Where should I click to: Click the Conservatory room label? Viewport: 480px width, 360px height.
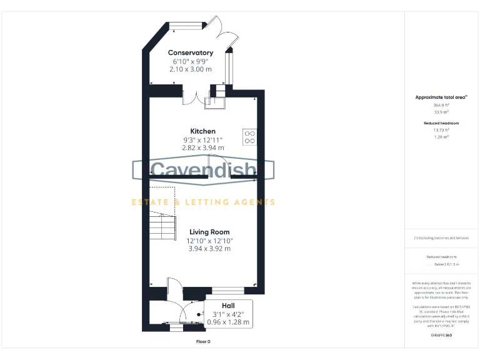(191, 53)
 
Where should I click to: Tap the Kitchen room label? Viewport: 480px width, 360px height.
(203, 131)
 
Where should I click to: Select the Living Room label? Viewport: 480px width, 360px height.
(209, 232)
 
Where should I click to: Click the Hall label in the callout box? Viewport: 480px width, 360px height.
(227, 305)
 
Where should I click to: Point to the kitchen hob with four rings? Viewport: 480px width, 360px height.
(249, 136)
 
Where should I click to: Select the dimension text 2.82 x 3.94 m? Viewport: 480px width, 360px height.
(203, 147)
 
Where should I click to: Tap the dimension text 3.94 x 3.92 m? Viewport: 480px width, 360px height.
(209, 248)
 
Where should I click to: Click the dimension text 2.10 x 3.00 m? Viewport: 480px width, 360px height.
(191, 69)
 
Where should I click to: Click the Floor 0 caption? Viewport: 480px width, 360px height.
(203, 342)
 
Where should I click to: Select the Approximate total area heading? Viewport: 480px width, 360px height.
(441, 97)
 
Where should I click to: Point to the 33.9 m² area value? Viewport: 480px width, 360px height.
(441, 112)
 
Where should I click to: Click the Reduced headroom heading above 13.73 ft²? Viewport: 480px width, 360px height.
(441, 123)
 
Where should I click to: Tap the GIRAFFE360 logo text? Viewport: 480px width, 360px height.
(441, 336)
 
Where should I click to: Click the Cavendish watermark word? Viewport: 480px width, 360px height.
(203, 171)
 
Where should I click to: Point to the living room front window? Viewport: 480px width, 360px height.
(228, 291)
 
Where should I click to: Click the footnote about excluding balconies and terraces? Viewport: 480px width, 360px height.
(441, 238)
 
